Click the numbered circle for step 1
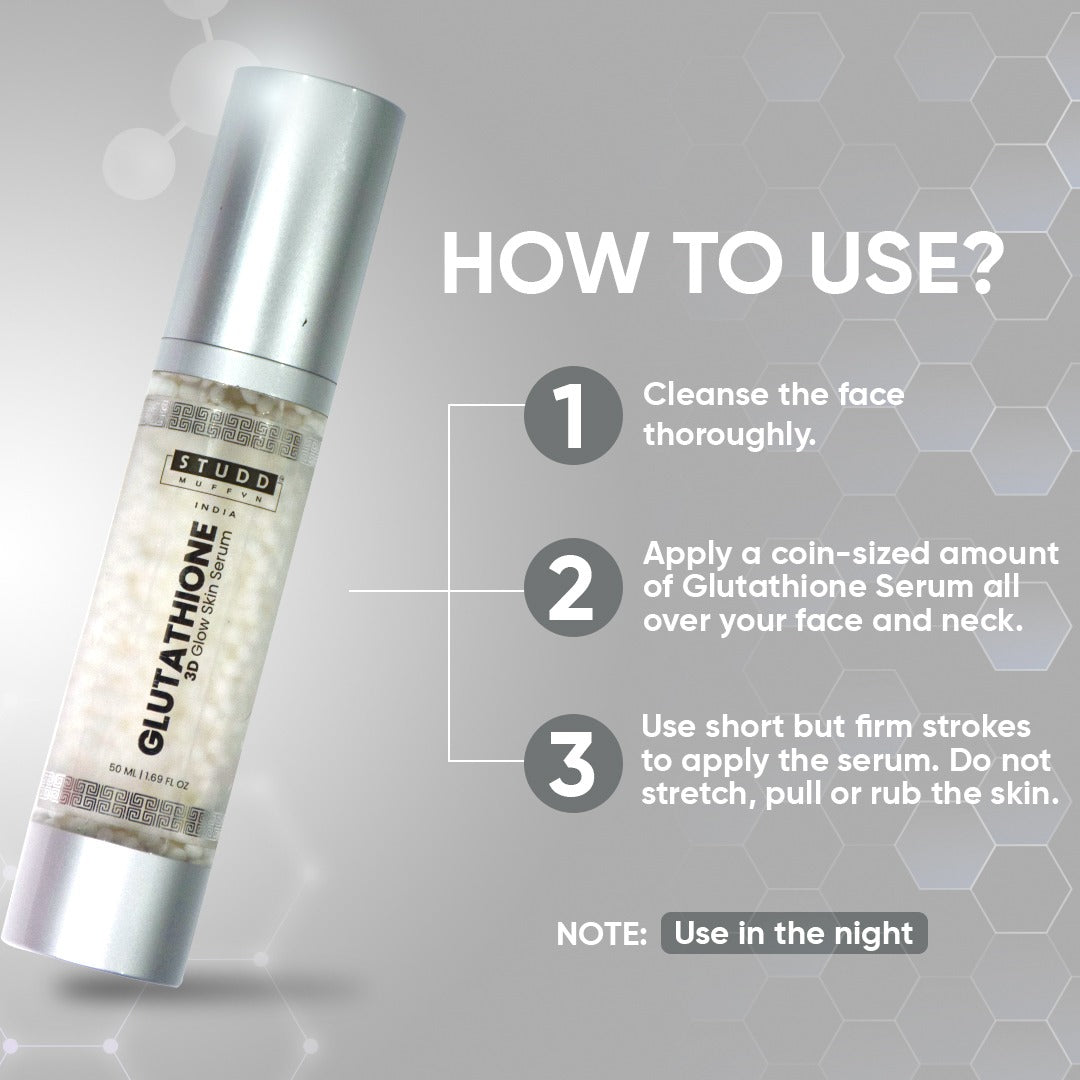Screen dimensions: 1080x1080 click(x=573, y=415)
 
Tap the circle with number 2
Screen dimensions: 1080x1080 click(x=573, y=587)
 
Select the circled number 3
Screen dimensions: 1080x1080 click(x=573, y=763)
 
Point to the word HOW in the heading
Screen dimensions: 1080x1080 click(x=541, y=263)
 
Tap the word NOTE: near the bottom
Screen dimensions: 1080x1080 click(x=601, y=934)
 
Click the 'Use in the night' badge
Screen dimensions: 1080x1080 click(x=794, y=933)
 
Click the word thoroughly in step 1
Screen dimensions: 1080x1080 click(x=729, y=435)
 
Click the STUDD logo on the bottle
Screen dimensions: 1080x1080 click(x=225, y=469)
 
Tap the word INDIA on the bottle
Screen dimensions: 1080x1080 click(x=216, y=510)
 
